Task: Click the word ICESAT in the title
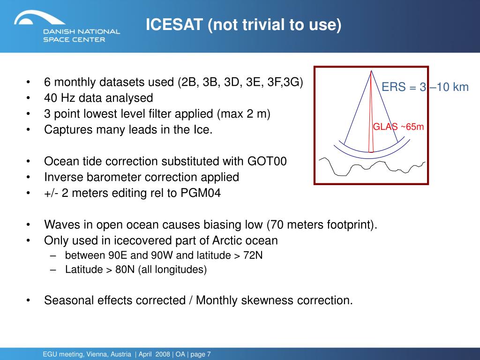174,24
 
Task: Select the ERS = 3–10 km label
425,87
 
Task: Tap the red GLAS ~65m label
398,127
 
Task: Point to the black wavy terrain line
372,167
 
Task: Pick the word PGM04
201,193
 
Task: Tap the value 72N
253,255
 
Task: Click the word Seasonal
69,300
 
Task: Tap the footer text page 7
201,354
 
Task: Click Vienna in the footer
96,354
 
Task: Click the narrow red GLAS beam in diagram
371,112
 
